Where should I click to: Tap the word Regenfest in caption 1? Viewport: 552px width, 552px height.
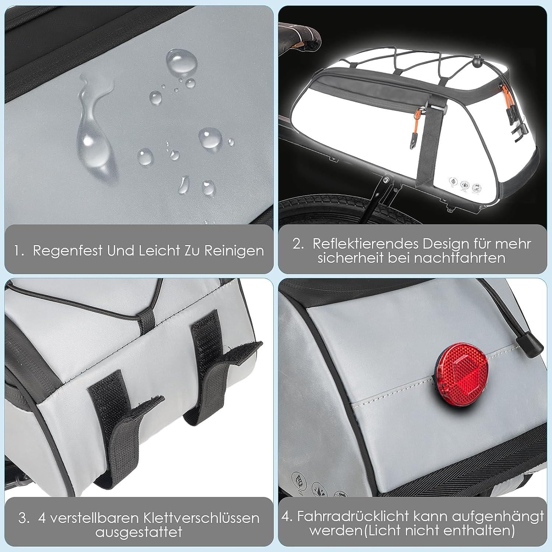(x=68, y=251)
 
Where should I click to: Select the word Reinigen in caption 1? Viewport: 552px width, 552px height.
(x=234, y=251)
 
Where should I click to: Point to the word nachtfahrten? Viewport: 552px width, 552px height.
(x=460, y=258)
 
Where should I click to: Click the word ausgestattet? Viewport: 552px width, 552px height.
(x=139, y=532)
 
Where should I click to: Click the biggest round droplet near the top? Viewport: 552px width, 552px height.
(x=181, y=63)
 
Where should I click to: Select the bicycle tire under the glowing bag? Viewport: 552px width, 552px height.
(x=353, y=212)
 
